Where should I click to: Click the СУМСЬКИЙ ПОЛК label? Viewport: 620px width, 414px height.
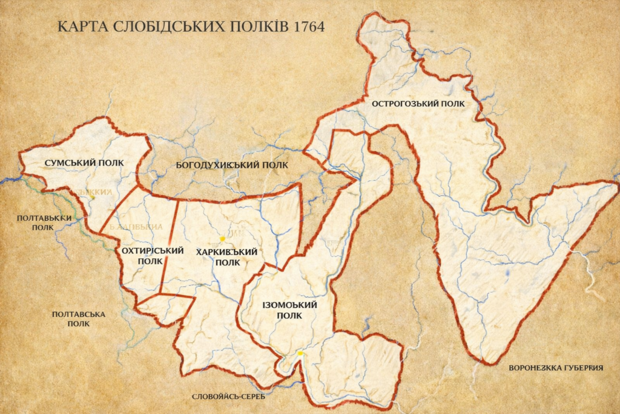pyautogui.click(x=84, y=163)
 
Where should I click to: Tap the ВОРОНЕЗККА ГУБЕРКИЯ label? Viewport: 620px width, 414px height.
pyautogui.click(x=556, y=368)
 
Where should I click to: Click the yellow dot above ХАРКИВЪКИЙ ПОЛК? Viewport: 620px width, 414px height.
pyautogui.click(x=223, y=239)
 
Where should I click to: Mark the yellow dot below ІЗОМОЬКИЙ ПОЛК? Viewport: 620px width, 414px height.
pyautogui.click(x=300, y=353)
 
